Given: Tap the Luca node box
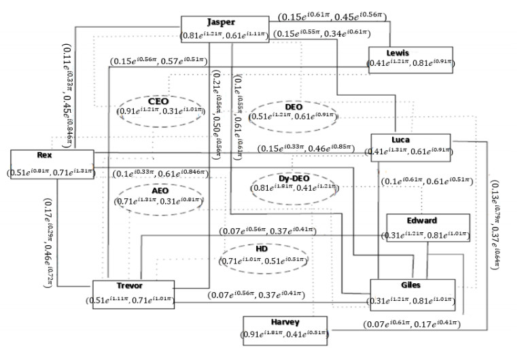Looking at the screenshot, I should [x=410, y=146].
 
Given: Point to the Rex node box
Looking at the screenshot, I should [x=52, y=165].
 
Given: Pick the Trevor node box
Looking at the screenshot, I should [x=133, y=293].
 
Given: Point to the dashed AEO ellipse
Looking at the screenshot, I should [x=160, y=196].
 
